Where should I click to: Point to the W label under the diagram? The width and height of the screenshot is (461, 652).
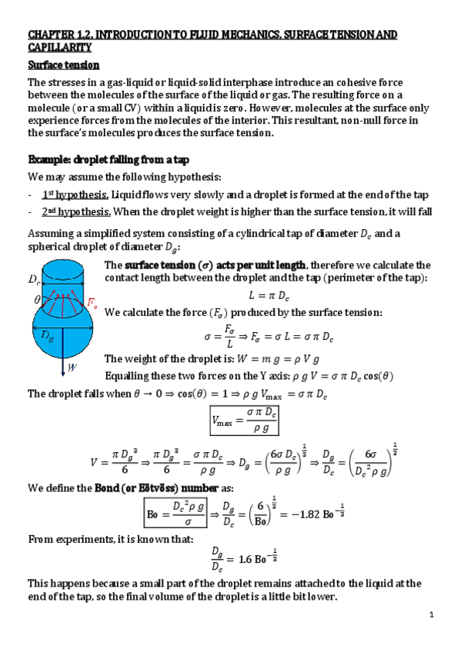point(72,368)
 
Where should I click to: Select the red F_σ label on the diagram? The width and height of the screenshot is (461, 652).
point(92,305)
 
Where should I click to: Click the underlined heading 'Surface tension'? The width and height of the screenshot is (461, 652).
point(64,65)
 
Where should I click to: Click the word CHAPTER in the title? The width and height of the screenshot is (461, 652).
point(52,35)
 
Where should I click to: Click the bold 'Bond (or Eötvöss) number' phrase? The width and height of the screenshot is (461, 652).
point(153,487)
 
